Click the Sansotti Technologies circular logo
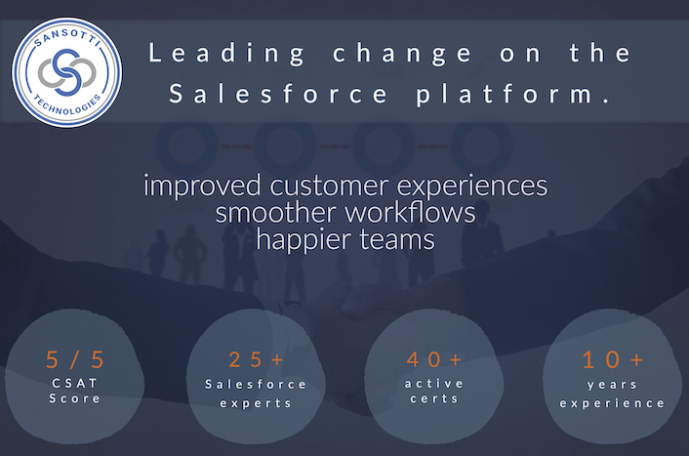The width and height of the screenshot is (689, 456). pos(66,72)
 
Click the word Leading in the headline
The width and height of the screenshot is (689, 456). pos(226,54)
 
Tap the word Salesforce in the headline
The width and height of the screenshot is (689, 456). pos(278,93)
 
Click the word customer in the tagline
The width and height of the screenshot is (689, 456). pos(329,186)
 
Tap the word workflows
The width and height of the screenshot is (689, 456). pos(410,213)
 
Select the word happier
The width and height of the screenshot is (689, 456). pos(304,240)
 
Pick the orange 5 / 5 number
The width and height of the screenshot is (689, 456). pos(75,359)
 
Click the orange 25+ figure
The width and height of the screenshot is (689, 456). pos(256,359)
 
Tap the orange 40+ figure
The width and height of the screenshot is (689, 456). pos(434,359)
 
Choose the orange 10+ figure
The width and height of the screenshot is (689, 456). pos(613,359)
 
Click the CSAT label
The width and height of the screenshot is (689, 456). pos(75,384)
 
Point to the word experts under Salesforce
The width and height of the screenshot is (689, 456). pos(256,403)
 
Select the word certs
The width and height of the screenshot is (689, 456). pos(434,398)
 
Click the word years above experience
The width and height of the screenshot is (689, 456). pos(612,385)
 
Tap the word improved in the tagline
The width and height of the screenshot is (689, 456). pos(202,186)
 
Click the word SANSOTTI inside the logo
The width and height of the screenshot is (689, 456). pos(66,38)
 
